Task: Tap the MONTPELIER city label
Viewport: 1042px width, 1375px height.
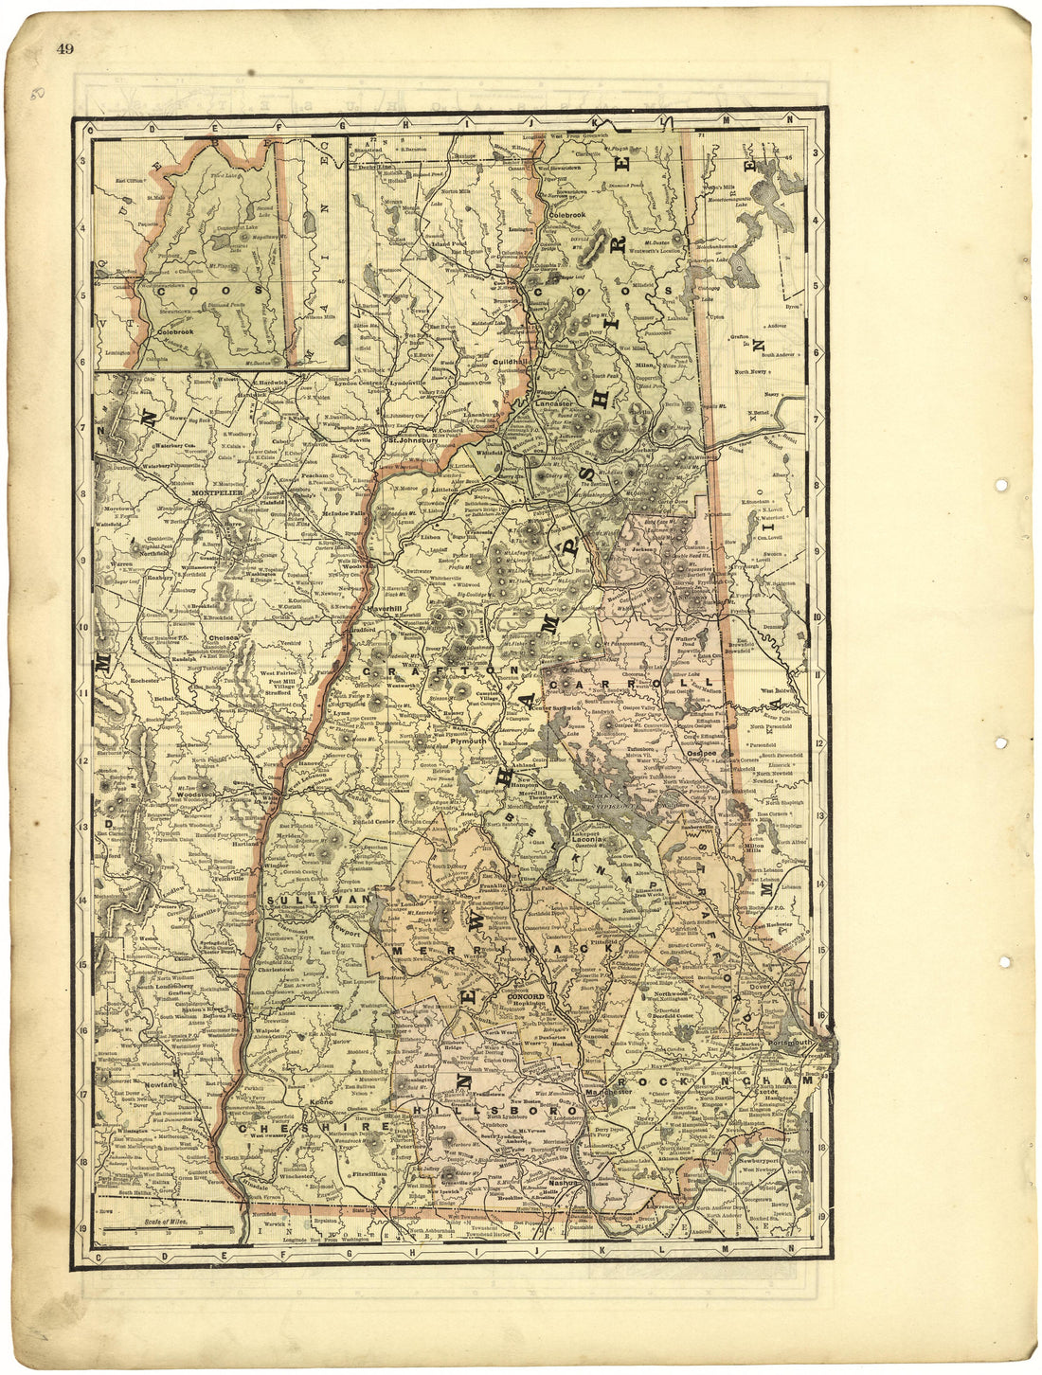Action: point(218,493)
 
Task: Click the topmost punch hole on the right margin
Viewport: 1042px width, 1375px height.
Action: point(1001,485)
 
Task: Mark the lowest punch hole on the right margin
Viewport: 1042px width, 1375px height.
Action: point(1003,962)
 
